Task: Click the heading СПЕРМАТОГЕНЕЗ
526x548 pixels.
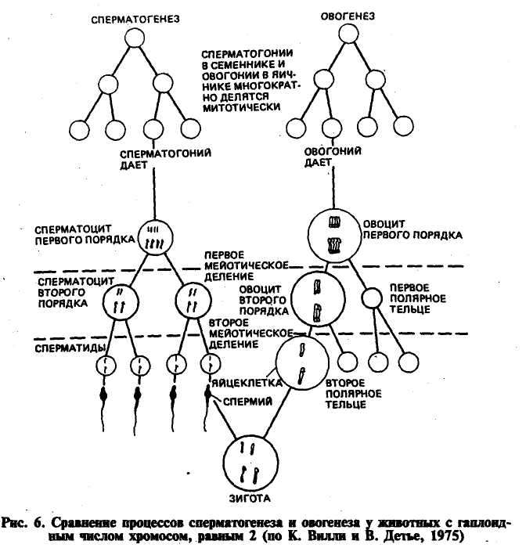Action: point(135,19)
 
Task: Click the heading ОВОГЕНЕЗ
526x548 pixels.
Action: point(348,16)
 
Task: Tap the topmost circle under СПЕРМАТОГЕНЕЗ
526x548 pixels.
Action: point(135,38)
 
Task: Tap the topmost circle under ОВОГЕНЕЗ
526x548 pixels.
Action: point(348,34)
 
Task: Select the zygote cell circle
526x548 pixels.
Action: point(251,463)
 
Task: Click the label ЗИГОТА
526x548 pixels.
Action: point(250,499)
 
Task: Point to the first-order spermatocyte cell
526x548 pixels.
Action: point(155,238)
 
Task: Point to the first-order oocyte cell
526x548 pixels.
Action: point(334,235)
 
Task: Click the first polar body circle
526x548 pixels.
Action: point(371,298)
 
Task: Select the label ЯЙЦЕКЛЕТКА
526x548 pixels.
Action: point(247,383)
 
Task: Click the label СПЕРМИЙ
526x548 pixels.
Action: point(247,401)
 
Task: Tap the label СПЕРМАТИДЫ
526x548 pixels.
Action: point(70,348)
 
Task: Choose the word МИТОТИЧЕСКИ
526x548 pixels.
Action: point(242,107)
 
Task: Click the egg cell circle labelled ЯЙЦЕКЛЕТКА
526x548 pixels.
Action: point(302,363)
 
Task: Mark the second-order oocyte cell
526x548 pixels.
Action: point(318,299)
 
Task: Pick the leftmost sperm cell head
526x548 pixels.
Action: point(103,395)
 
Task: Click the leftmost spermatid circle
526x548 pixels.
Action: point(106,366)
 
